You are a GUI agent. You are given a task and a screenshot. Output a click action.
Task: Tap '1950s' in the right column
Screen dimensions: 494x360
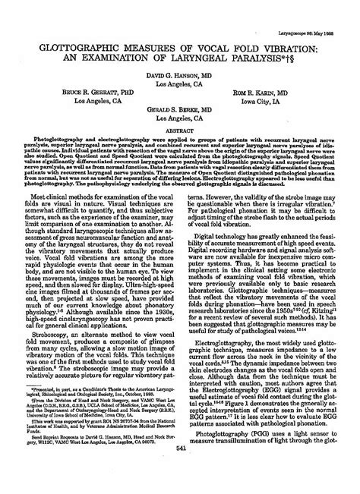click(278, 304)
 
